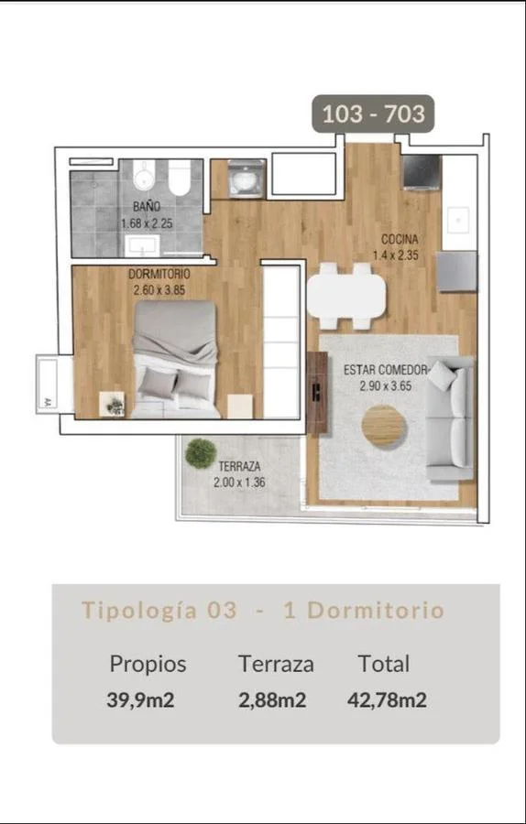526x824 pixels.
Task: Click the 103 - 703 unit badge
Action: point(373,114)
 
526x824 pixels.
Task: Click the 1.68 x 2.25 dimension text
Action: point(147,223)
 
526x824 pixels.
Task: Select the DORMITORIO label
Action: point(159,275)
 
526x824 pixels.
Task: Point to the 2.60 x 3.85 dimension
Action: point(159,289)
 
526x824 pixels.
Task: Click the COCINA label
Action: point(400,240)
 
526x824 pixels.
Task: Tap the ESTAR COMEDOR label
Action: point(385,370)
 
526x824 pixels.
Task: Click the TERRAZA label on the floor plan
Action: point(239,466)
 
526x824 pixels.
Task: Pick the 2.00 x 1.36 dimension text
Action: point(239,482)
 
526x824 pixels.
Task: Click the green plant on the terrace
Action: point(201,453)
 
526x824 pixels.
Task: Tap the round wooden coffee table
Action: point(384,426)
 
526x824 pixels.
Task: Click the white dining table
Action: point(346,297)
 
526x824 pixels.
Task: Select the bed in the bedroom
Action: point(175,360)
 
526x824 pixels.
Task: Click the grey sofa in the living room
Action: point(451,417)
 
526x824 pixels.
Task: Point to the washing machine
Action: point(247,179)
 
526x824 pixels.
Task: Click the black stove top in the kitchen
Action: point(422,172)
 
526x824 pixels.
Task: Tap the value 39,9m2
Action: point(140,700)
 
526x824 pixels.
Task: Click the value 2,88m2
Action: point(272,700)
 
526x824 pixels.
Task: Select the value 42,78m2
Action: point(387,700)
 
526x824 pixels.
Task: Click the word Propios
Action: point(148,665)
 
